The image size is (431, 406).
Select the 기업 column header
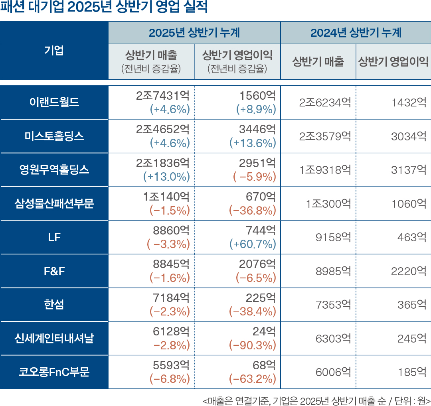54,51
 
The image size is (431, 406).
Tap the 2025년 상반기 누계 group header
194,33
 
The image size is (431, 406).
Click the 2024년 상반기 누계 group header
356,33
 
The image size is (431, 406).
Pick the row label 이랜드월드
54,102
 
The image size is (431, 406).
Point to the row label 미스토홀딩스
54,136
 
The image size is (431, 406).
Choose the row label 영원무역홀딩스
54,170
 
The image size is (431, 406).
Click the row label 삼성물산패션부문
54,204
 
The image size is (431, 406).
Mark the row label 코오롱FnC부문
54,372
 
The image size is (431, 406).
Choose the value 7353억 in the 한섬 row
333,305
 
